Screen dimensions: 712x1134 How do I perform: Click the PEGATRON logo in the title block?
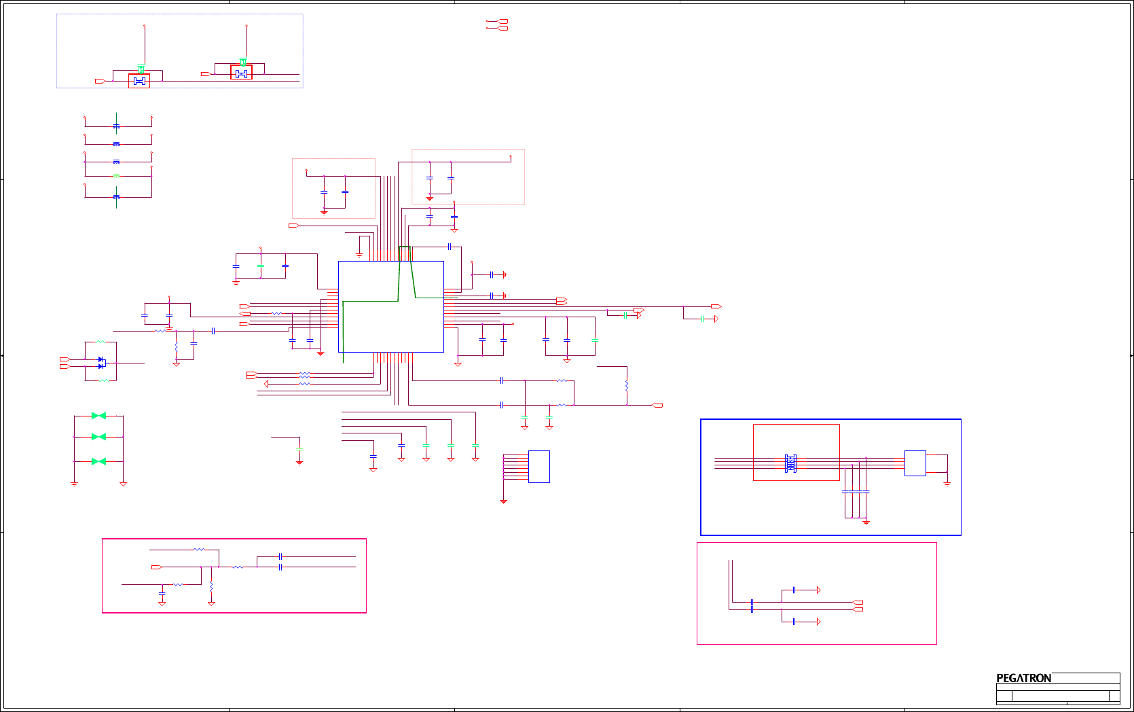pos(1023,678)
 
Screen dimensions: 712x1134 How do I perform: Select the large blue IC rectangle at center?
pos(390,306)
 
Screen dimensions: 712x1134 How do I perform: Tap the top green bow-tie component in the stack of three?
pos(98,416)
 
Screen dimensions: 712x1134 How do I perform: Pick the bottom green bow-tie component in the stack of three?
pos(98,461)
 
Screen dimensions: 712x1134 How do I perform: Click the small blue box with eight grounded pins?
pos(538,466)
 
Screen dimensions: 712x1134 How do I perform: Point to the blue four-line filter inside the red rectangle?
pos(790,463)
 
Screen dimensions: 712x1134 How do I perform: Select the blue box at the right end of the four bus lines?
pos(915,463)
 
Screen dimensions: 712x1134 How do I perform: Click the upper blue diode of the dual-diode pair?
pos(101,359)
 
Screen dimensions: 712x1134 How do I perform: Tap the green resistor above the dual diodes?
pos(101,342)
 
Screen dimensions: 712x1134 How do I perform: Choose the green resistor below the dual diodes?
pos(103,380)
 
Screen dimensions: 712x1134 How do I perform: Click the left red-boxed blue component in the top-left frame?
pos(139,81)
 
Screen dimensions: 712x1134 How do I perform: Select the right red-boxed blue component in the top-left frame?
pos(241,73)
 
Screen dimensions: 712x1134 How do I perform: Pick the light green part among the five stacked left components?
pos(116,176)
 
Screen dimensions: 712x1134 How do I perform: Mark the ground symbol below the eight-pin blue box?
pos(503,501)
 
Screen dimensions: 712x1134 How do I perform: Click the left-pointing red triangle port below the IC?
pos(266,384)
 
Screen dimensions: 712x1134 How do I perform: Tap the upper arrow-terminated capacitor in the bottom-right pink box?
pos(794,590)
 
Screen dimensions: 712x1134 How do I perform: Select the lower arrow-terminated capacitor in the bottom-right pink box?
pos(794,622)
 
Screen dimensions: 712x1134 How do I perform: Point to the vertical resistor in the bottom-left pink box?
pos(211,586)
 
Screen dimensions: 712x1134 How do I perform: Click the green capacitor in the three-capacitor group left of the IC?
pos(261,266)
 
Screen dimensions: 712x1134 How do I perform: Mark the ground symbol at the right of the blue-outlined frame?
pos(947,484)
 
